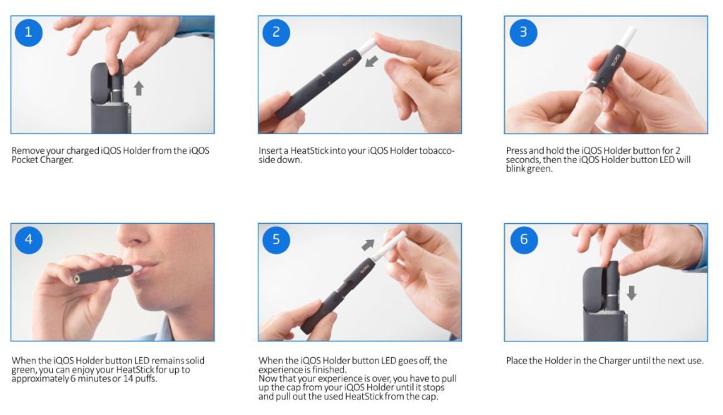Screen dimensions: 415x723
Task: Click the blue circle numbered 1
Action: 28,32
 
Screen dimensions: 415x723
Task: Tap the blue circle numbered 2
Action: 276,32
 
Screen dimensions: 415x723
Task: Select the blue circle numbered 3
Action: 523,32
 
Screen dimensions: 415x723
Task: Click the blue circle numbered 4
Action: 28,239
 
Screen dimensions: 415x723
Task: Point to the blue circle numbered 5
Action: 276,239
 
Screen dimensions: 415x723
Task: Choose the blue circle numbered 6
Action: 523,239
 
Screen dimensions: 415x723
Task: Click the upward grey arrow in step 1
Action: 139,88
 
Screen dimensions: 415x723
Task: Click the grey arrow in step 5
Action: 369,245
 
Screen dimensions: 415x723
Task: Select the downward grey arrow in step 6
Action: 631,292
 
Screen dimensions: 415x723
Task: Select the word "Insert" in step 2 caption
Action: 270,150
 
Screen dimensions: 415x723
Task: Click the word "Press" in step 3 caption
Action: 518,150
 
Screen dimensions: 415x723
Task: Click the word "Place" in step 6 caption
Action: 518,361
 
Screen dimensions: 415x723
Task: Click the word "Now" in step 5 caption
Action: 268,379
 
